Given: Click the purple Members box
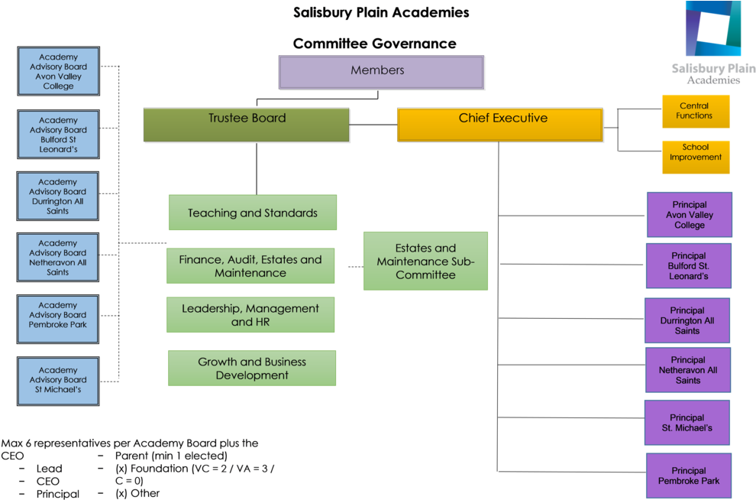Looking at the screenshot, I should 381,73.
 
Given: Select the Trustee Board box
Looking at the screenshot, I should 247,125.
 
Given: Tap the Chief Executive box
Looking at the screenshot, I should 500,125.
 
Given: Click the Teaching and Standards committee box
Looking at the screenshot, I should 252,213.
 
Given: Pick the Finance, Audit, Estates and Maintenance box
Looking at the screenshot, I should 250,266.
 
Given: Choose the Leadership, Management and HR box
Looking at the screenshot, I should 250,315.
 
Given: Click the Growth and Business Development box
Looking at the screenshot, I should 252,369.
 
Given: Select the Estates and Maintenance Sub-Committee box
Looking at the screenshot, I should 425,261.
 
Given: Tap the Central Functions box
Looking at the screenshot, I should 695,111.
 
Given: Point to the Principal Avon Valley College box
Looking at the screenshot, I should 689,215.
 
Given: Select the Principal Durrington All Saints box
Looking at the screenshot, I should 687,321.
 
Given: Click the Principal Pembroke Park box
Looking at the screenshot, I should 689,476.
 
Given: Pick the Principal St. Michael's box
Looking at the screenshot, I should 687,423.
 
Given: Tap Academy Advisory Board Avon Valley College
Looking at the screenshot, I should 59,72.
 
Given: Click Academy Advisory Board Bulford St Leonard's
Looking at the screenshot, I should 59,135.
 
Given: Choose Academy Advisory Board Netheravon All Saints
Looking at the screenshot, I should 58,257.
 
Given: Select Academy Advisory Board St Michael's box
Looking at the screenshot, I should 59,380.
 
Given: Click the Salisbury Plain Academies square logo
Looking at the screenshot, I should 712,29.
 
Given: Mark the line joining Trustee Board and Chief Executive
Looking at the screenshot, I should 373,125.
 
